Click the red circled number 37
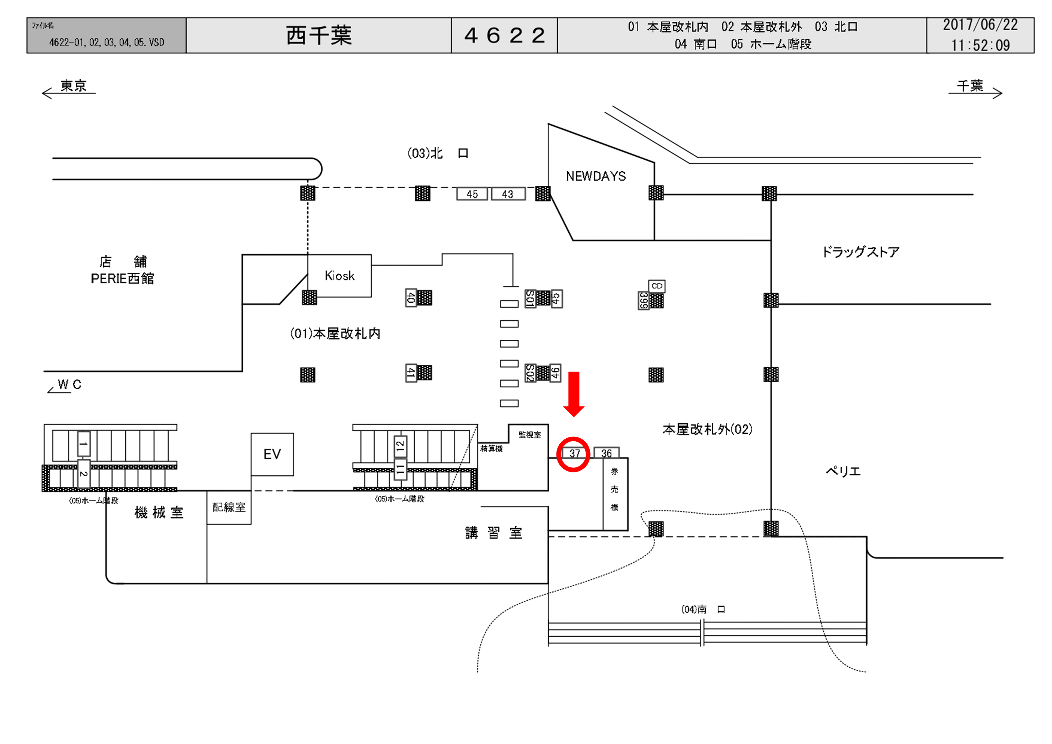[574, 454]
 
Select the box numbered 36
[606, 453]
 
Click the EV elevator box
[272, 454]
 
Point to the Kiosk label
[340, 276]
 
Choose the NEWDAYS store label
[596, 176]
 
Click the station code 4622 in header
[504, 35]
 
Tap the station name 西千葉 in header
[319, 35]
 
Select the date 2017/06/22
[980, 25]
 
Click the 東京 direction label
[73, 86]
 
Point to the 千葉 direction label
[970, 86]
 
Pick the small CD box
[656, 286]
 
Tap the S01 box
[530, 299]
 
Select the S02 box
[530, 373]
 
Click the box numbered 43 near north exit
[508, 194]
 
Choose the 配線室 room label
[229, 507]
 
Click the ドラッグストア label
[860, 252]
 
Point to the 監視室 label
[529, 435]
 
